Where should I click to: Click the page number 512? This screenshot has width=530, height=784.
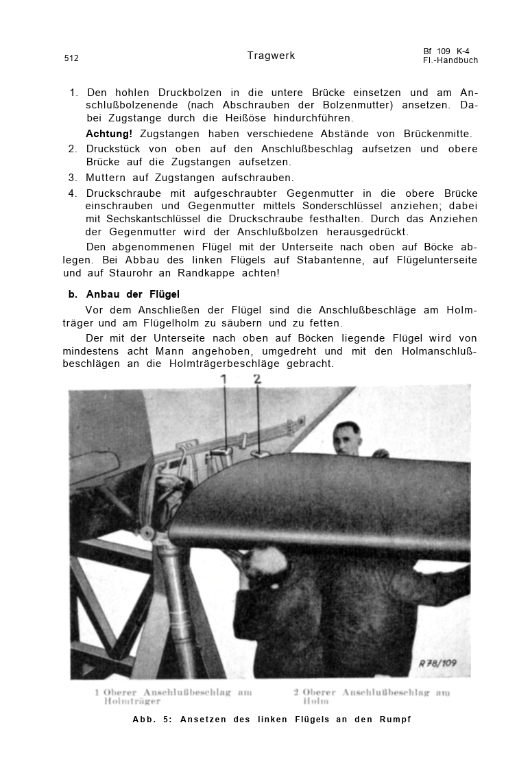[x=71, y=58]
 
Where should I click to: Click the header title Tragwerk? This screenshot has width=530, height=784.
[x=271, y=56]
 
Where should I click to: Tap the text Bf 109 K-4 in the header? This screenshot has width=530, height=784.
[x=446, y=51]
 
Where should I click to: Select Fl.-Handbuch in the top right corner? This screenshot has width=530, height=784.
[x=450, y=60]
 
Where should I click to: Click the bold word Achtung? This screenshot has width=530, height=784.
[x=109, y=134]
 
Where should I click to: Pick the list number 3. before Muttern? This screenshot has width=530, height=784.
[x=73, y=178]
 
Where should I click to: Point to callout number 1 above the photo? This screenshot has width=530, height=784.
[x=224, y=379]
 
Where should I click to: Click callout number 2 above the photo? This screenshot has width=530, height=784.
[x=257, y=379]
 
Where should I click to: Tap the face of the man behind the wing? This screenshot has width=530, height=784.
[x=348, y=438]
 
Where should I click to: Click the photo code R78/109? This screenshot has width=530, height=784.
[x=437, y=663]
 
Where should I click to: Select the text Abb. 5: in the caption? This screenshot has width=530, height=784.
[x=152, y=720]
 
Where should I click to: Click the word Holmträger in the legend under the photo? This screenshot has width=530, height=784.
[x=132, y=702]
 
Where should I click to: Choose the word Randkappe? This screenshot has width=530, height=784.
[x=206, y=273]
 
